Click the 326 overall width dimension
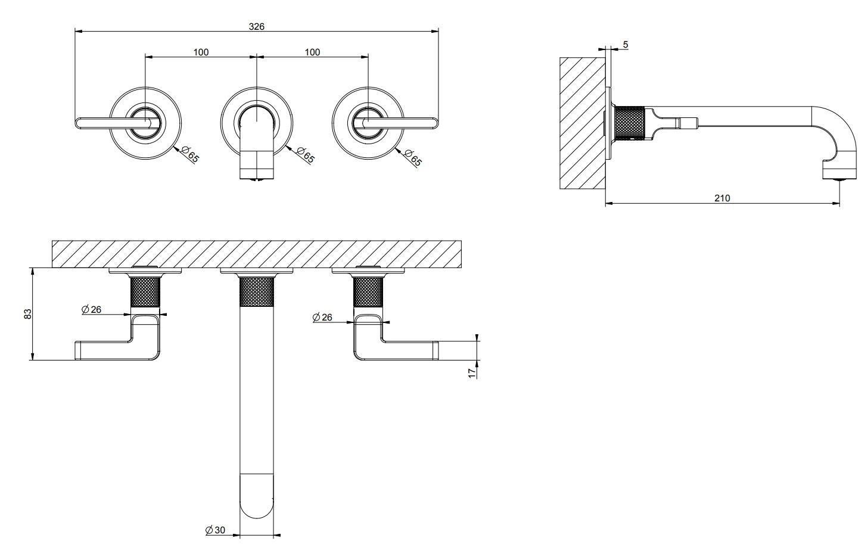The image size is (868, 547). (x=257, y=26)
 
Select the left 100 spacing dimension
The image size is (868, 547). (x=201, y=52)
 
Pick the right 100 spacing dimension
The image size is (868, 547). (x=312, y=52)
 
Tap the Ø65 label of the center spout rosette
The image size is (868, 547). (x=306, y=156)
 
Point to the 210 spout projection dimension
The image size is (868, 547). (x=722, y=198)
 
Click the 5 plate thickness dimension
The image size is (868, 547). (x=625, y=45)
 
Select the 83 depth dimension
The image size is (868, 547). (x=27, y=313)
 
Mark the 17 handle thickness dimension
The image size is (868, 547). (x=471, y=372)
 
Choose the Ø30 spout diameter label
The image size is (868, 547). (x=216, y=530)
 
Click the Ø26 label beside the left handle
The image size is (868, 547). (x=92, y=309)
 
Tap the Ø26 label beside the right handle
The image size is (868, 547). (x=322, y=318)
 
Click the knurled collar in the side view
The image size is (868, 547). (x=630, y=123)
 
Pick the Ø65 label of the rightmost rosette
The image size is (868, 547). (x=413, y=157)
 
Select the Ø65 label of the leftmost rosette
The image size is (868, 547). (x=191, y=155)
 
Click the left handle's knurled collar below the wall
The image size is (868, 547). (x=145, y=291)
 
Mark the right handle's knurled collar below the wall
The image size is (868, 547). (x=368, y=291)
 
